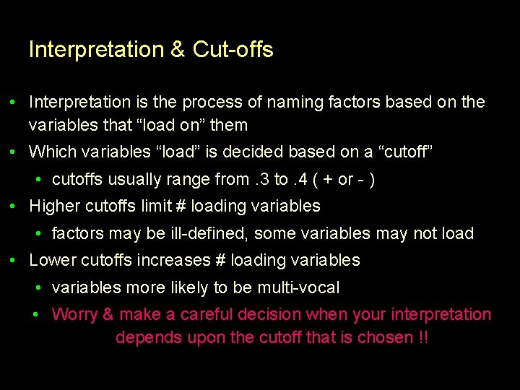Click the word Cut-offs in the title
[x=233, y=50]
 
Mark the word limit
[x=155, y=206]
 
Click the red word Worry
[x=74, y=315]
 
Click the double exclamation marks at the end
[x=423, y=337]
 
